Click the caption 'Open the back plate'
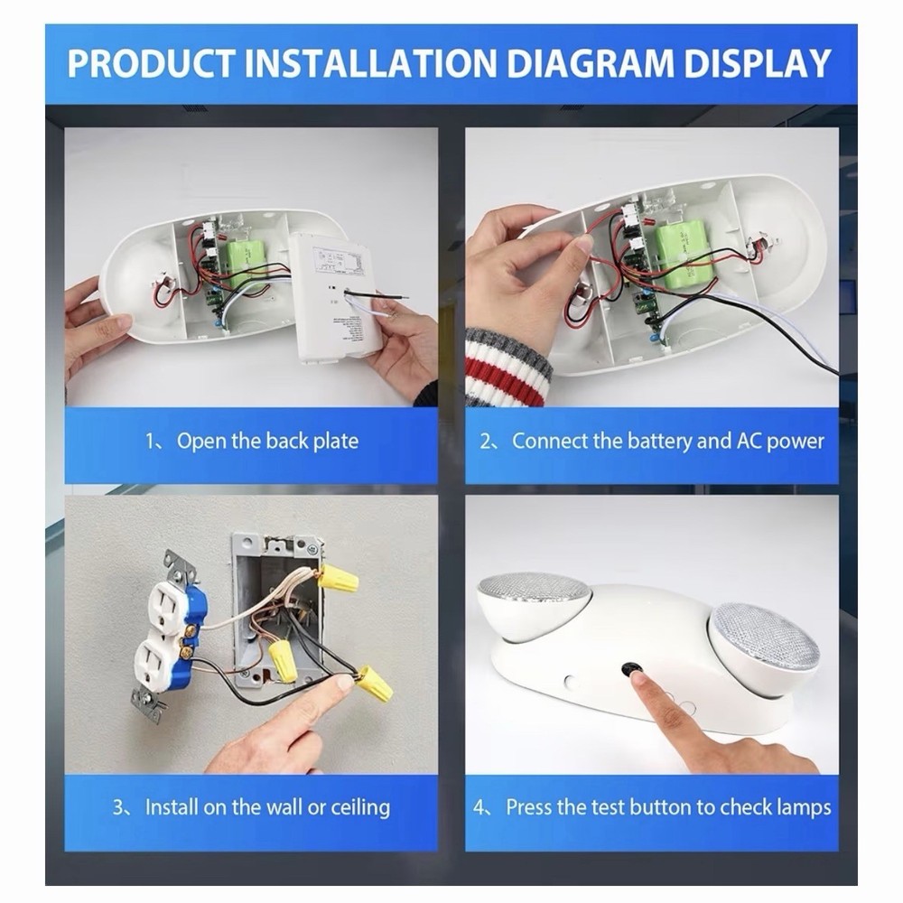(266, 442)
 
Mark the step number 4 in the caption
(479, 806)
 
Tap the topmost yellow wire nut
(337, 577)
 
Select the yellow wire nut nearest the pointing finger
(374, 684)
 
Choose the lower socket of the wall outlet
(155, 666)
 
